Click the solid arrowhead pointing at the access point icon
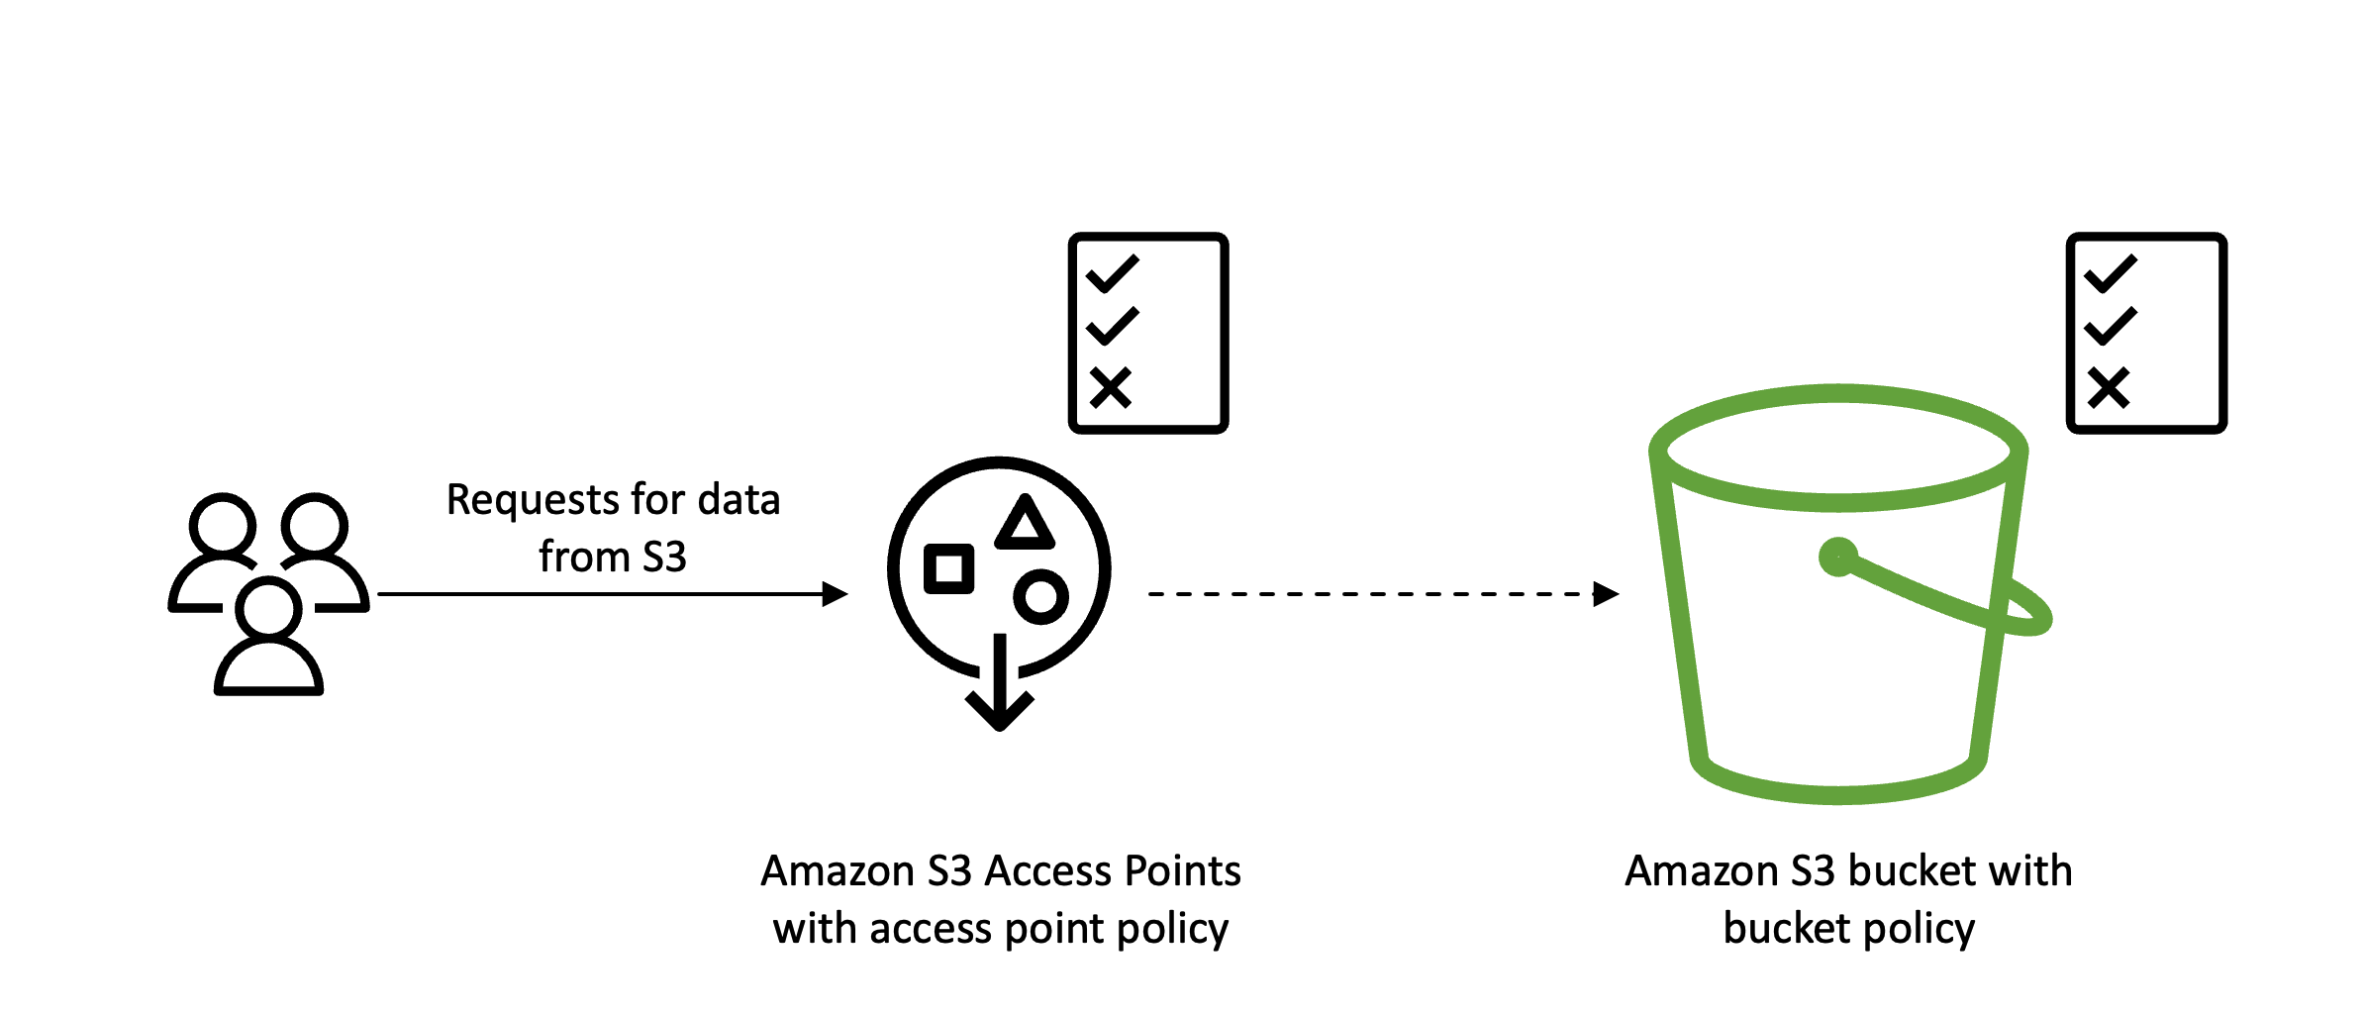coord(836,594)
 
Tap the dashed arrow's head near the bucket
coord(1606,594)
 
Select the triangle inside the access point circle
coord(1025,525)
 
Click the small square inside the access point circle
coord(948,568)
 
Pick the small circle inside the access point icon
coord(1040,596)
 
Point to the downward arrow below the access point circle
coord(1000,693)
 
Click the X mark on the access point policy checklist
coord(1111,388)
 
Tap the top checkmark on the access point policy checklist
coord(1113,273)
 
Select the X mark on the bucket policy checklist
coord(2109,388)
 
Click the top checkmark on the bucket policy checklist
coord(2111,273)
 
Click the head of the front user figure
coord(268,608)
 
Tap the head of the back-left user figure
coord(223,525)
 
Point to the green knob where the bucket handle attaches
coord(1838,557)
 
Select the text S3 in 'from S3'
coord(664,558)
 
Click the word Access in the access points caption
coord(1048,871)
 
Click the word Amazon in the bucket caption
coord(1702,871)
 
